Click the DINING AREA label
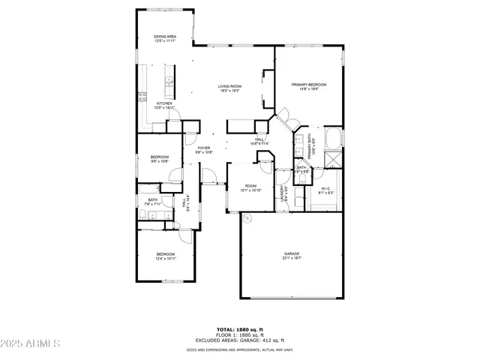[165, 38]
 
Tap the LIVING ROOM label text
[229, 88]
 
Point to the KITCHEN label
[164, 105]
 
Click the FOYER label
[204, 149]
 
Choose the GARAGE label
[292, 255]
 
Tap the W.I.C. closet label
[326, 190]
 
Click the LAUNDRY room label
[283, 193]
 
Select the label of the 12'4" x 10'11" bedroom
[166, 256]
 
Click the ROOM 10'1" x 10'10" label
[250, 187]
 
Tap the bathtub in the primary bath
[334, 139]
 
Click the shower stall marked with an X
[330, 159]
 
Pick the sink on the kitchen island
[169, 82]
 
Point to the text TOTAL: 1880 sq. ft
[239, 329]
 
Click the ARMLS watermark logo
[31, 343]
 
